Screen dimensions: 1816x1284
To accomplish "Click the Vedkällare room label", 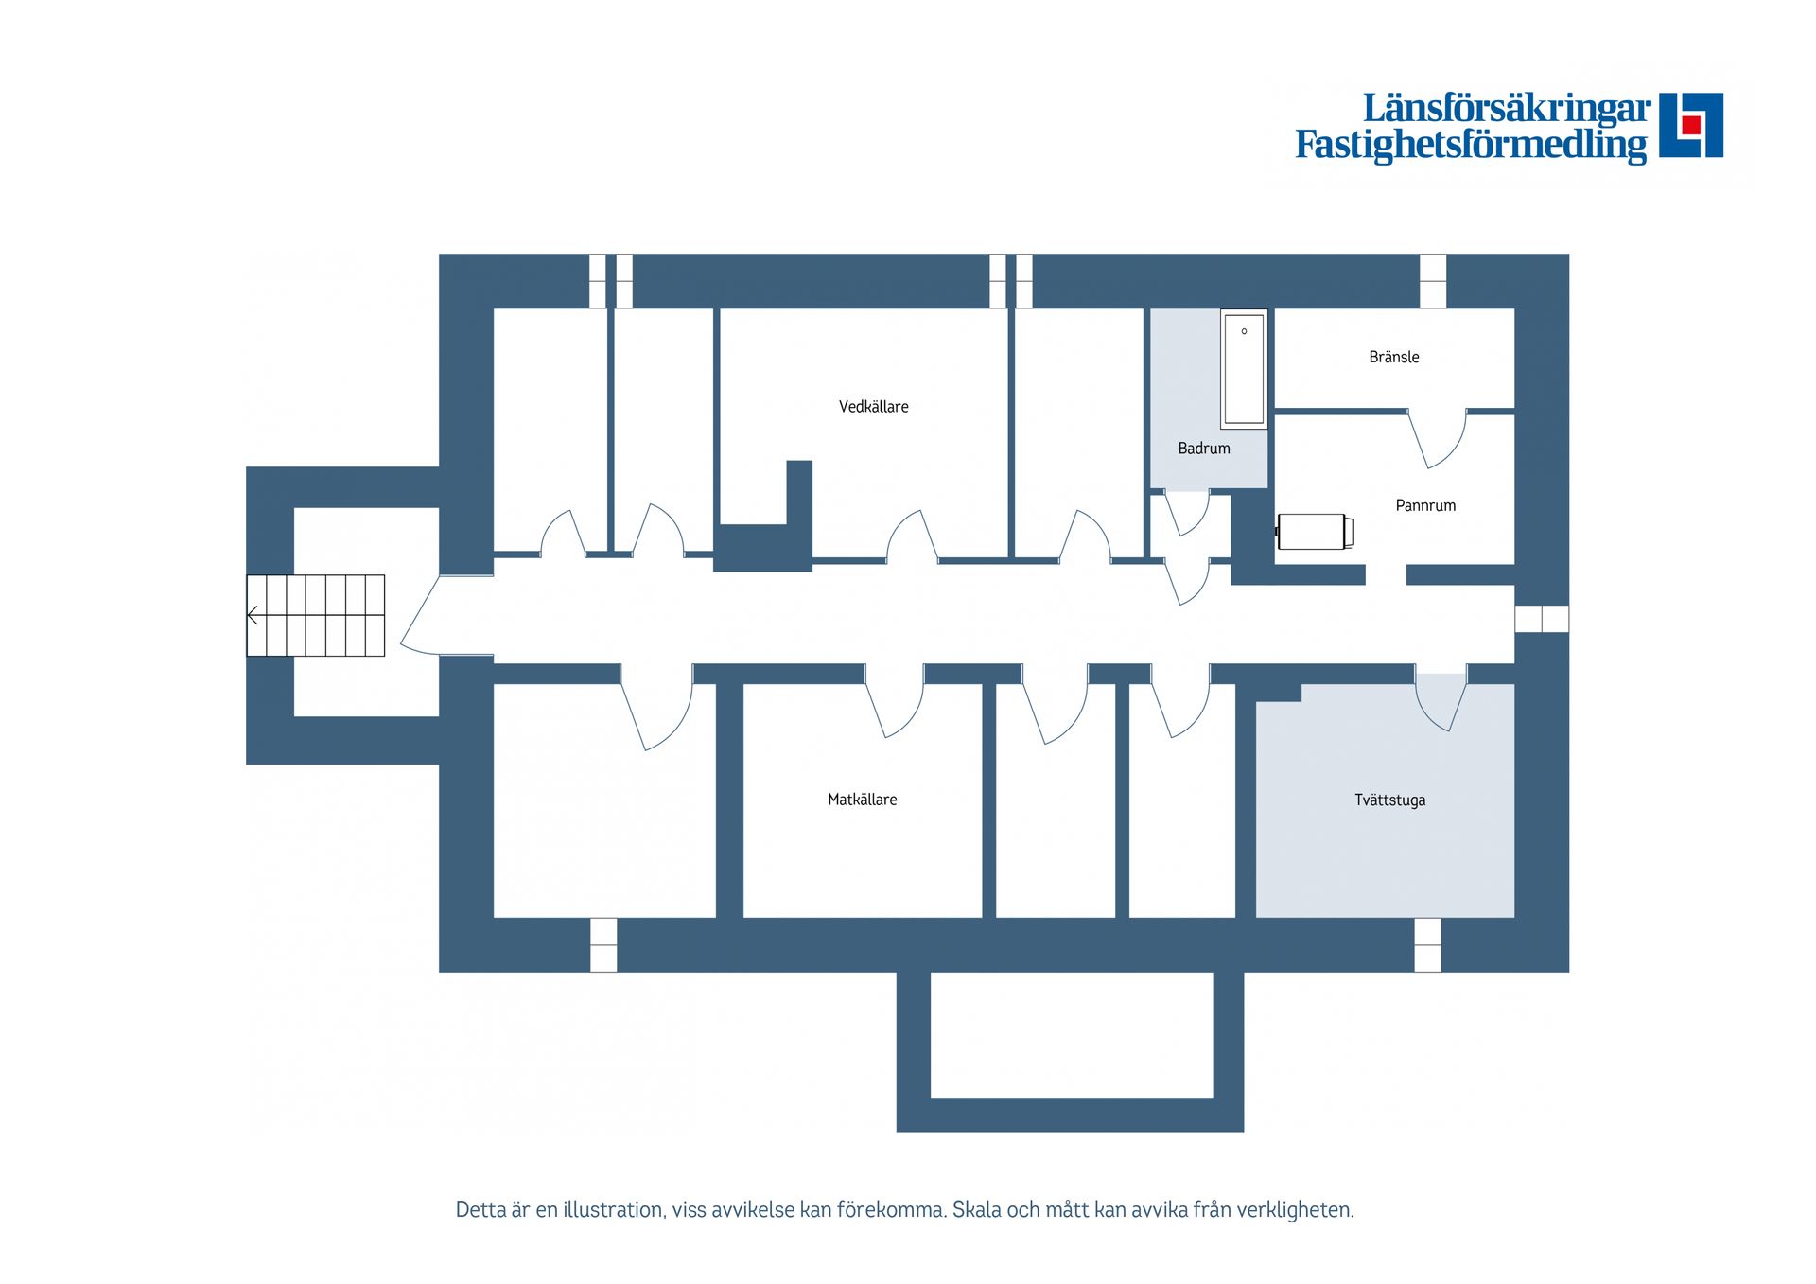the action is coord(873,407).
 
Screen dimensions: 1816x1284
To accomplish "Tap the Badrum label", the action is coord(1204,449).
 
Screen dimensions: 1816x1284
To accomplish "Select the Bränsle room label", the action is coord(1394,357).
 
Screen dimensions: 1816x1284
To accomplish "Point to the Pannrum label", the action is coord(1425,505).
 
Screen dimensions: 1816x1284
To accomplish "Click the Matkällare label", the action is coord(862,800).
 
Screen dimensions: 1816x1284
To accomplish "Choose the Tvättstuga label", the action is coord(1389,800).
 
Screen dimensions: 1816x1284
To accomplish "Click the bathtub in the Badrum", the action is coord(1244,369).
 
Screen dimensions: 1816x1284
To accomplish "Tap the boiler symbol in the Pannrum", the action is coord(1315,532).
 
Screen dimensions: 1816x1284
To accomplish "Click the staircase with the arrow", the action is coord(316,615).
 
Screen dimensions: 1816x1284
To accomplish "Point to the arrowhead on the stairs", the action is coord(252,616).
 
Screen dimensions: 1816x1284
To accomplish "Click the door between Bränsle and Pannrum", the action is coord(1437,438).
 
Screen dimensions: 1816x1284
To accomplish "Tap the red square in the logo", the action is coord(1691,125).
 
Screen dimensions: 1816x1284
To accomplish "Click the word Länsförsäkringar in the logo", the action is coord(1507,109).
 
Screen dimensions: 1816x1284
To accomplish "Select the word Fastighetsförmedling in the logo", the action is coord(1471,146).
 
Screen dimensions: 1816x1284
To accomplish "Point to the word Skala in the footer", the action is coord(976,1210).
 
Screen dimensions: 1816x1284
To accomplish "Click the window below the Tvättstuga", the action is coord(1427,944).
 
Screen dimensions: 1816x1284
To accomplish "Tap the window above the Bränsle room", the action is coord(1433,281).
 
